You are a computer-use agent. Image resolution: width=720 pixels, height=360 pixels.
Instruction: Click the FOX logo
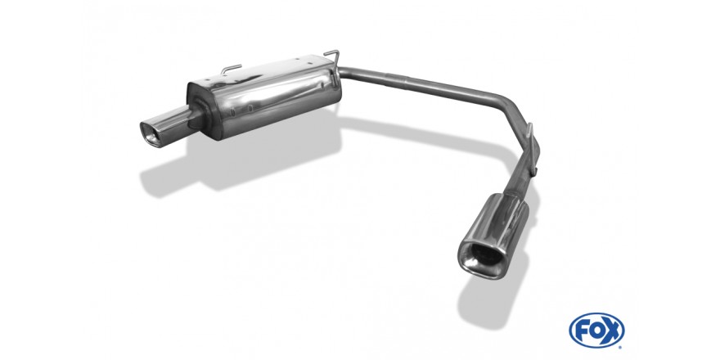click(x=596, y=331)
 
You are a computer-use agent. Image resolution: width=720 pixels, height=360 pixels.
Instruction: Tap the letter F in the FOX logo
click(x=583, y=331)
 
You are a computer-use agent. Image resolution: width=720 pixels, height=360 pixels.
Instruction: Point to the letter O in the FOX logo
click(x=596, y=331)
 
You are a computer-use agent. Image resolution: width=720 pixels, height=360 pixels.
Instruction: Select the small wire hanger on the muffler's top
click(x=231, y=69)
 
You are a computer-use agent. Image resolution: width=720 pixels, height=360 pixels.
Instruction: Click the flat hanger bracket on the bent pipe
click(x=532, y=149)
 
